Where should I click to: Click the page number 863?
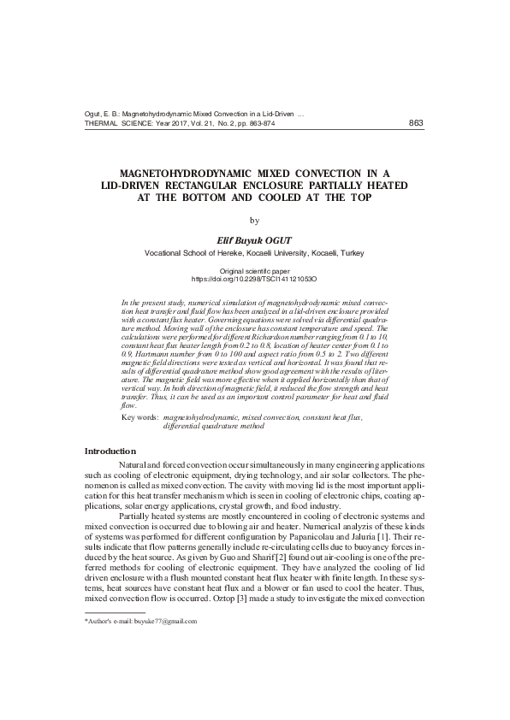[416, 123]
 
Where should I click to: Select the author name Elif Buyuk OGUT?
[254, 240]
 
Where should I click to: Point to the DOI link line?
[254, 279]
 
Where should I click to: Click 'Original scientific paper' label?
[254, 270]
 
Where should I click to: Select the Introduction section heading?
[110, 451]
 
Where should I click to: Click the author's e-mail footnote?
[141, 622]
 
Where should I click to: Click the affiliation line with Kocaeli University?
[254, 254]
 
